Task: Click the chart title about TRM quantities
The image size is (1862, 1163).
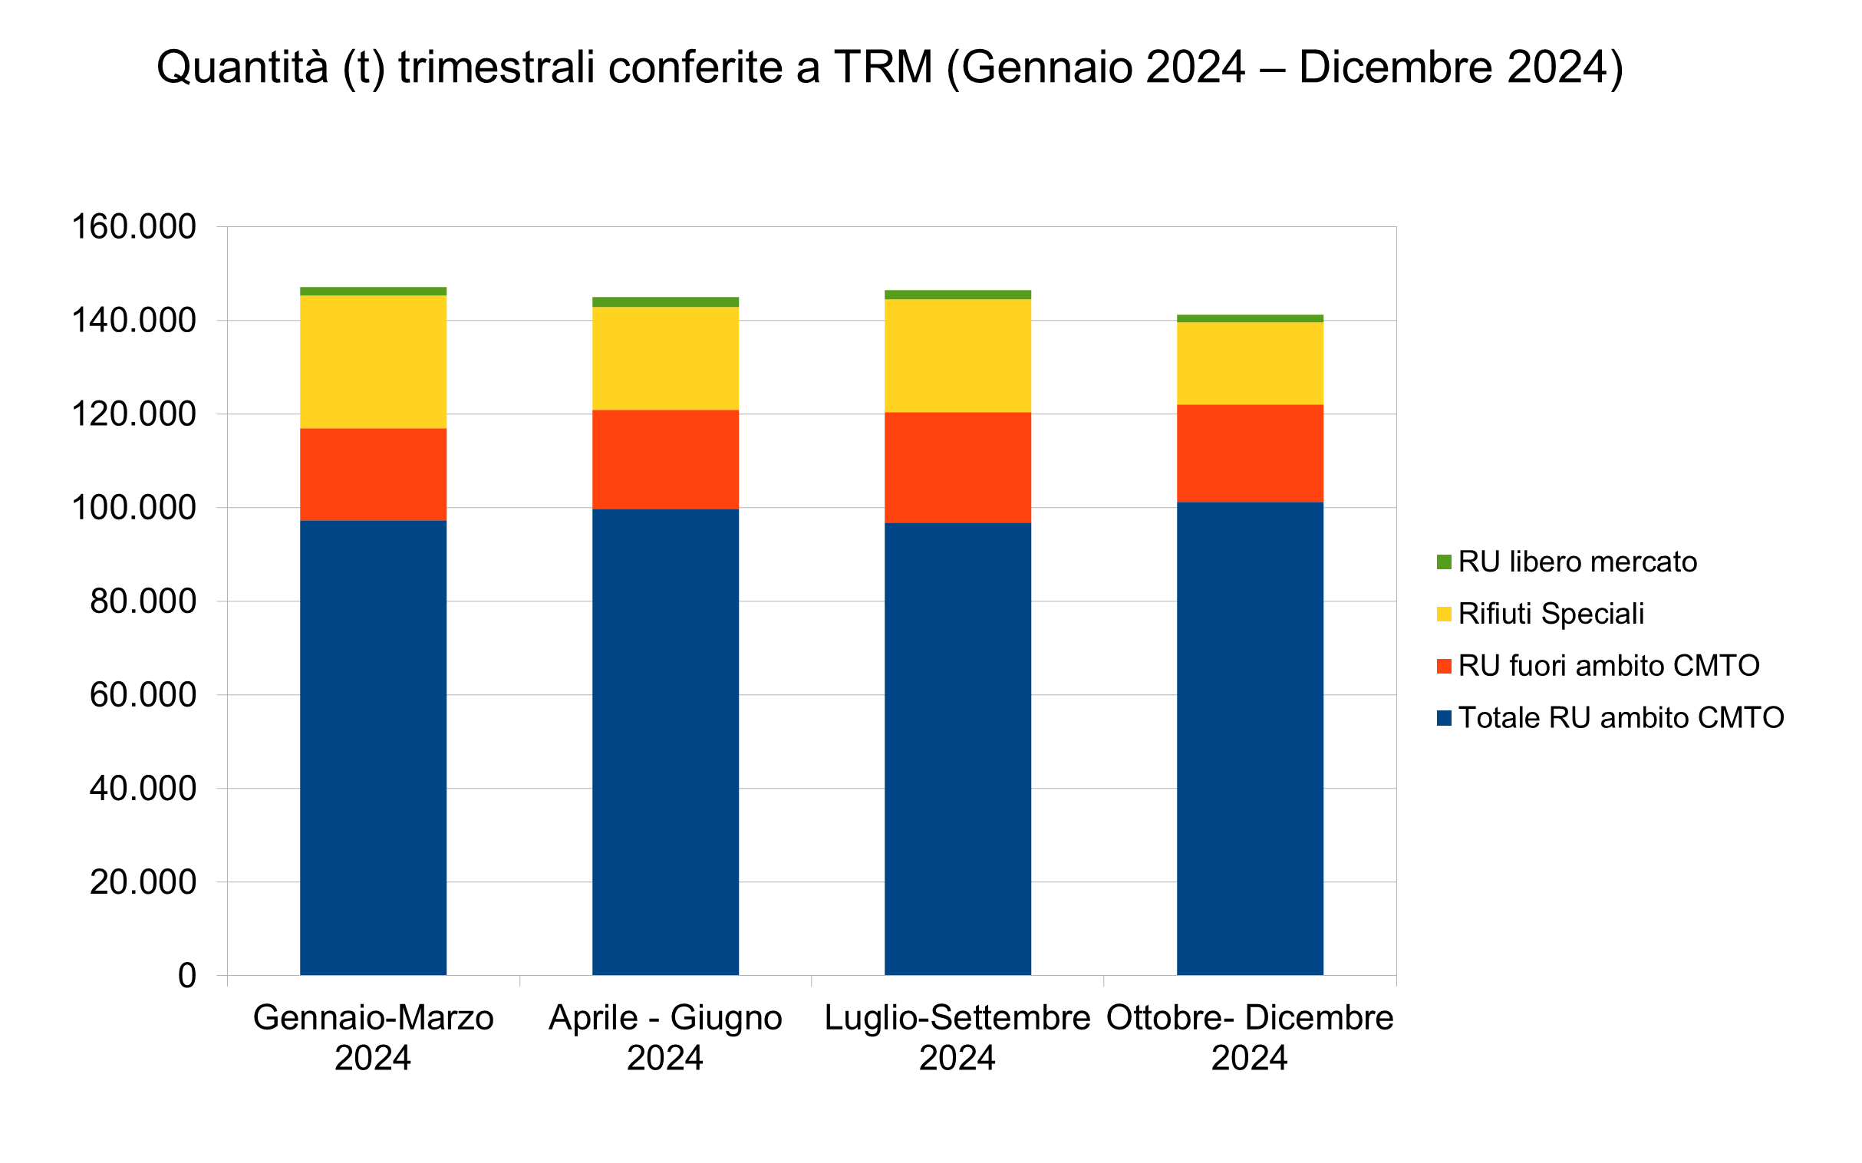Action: point(890,67)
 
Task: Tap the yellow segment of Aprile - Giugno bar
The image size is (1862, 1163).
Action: point(665,358)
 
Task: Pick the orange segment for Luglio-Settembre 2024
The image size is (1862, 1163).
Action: point(957,468)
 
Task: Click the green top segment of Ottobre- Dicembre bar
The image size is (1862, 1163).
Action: point(1250,318)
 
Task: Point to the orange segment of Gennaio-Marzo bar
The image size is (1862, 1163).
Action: point(373,475)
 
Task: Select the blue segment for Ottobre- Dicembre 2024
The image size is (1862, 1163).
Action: point(1250,739)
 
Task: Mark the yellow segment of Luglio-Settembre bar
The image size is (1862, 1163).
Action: point(957,355)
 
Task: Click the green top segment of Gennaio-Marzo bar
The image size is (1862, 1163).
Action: point(373,292)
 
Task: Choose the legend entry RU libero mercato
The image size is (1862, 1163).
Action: point(1577,562)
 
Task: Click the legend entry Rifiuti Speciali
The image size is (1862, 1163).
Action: point(1551,614)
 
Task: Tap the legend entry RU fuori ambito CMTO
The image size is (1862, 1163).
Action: point(1608,666)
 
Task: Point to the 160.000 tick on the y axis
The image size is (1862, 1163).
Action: point(133,227)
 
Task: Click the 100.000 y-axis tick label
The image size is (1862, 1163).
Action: point(133,508)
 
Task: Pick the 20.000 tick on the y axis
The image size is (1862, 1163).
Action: point(143,882)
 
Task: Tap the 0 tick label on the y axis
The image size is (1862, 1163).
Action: point(187,976)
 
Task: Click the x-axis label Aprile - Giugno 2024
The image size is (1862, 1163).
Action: point(665,1038)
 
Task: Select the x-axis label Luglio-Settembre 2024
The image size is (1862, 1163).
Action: point(957,1038)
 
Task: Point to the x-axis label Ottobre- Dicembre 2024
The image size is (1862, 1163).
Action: point(1250,1038)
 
